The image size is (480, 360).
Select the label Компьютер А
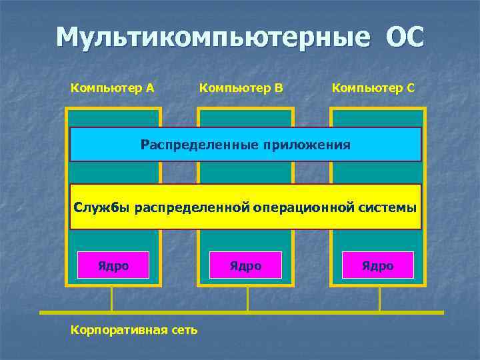[x=113, y=87]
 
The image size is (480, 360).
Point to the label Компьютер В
[x=241, y=87]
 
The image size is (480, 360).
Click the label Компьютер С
[x=373, y=87]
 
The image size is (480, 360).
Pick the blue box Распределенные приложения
[x=245, y=144]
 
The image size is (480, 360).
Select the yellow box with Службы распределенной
[x=245, y=207]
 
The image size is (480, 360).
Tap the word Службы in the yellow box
[x=101, y=207]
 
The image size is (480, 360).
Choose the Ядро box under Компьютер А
[x=113, y=265]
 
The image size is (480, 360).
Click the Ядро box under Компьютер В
[x=245, y=265]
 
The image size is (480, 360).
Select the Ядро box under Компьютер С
[x=377, y=265]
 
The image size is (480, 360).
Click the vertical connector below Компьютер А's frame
[x=111, y=299]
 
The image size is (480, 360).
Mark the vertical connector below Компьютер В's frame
[x=247, y=299]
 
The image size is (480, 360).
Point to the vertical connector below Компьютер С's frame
[x=379, y=299]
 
